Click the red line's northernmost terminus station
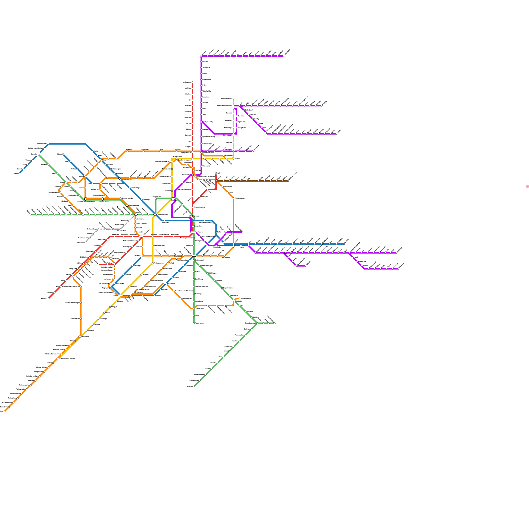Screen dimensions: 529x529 click(192, 82)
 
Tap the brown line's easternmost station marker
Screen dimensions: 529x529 click(288, 181)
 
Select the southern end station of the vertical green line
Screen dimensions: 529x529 click(194, 323)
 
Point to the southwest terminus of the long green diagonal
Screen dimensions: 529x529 click(194, 386)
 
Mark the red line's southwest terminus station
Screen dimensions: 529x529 click(49, 298)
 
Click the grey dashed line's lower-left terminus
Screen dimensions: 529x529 click(85, 242)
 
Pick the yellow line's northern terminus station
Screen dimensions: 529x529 click(234, 99)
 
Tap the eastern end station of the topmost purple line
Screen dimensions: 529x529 click(283, 56)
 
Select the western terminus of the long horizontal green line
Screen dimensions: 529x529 click(31, 215)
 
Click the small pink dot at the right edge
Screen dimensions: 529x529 click(527, 187)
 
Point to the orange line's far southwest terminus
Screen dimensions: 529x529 click(5, 411)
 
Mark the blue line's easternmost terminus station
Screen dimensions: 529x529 click(344, 244)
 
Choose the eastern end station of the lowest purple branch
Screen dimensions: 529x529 click(398, 269)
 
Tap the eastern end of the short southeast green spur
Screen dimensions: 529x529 click(275, 323)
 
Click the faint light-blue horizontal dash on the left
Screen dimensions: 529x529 click(43, 316)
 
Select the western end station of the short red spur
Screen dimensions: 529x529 click(99, 264)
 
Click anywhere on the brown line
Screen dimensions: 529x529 click(251, 181)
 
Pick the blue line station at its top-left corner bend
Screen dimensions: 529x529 click(49, 144)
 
